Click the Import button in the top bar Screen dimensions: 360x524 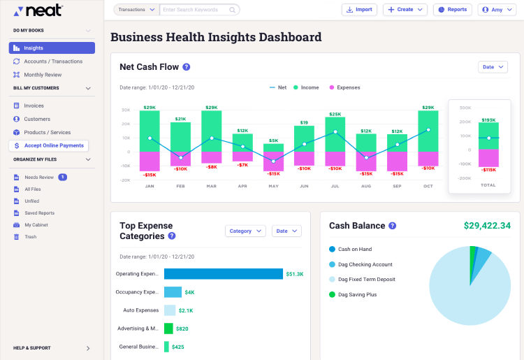(359, 10)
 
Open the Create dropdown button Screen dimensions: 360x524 (405, 10)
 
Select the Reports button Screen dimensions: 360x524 (452, 10)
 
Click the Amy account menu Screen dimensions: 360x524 (497, 10)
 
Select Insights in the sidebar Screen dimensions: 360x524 (52, 48)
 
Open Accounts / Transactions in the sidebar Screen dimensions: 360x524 (53, 62)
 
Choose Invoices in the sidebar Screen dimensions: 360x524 (34, 106)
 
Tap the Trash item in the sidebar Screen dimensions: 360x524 (30, 237)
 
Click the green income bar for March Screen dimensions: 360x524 (212, 131)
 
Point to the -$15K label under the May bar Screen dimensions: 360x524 (273, 174)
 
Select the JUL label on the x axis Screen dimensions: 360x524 (335, 187)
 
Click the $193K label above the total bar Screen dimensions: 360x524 (488, 120)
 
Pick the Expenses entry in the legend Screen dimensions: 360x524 (348, 87)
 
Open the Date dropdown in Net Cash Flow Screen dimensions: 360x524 (493, 67)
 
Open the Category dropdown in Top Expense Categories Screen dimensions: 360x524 (245, 231)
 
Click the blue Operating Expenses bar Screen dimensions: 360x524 (224, 274)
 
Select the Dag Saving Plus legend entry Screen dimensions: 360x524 (357, 294)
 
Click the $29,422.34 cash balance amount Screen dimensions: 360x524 (487, 226)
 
